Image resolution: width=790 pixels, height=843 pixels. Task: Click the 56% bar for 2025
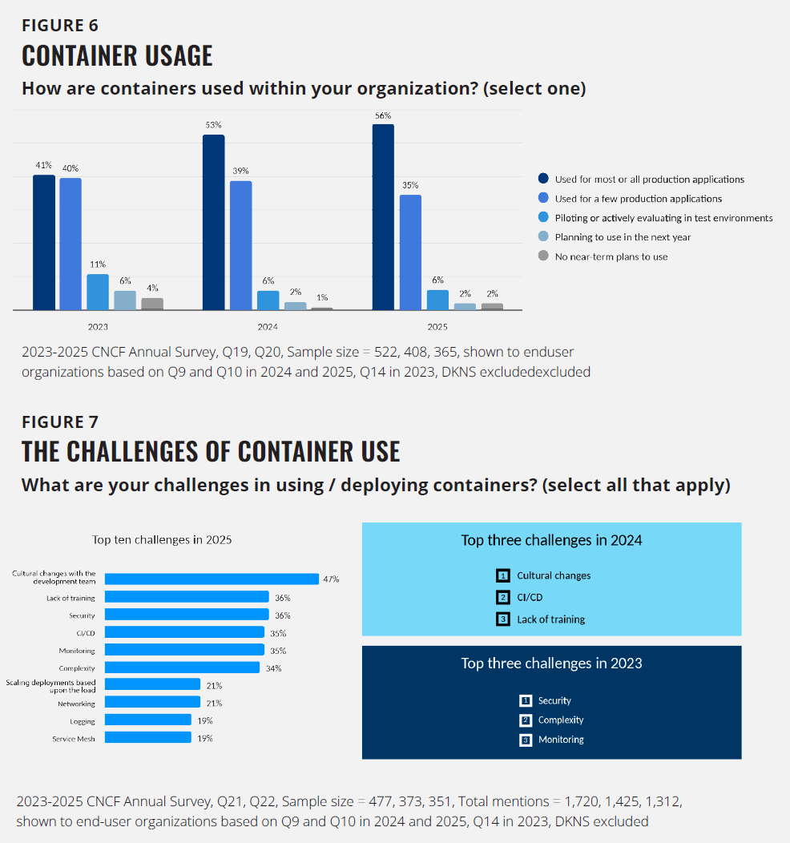click(383, 216)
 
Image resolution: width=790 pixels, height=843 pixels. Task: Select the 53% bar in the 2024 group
click(213, 222)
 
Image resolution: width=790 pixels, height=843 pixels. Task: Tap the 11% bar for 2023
click(98, 292)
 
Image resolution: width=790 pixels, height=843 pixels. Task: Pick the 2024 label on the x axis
click(268, 327)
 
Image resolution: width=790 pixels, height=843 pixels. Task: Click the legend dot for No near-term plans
click(543, 256)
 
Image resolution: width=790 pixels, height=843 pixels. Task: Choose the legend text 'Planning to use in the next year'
click(623, 237)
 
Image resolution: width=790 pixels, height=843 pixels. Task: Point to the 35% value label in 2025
click(410, 185)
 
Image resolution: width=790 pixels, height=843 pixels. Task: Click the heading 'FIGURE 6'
click(60, 26)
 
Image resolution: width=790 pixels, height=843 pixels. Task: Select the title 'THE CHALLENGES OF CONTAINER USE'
click(211, 452)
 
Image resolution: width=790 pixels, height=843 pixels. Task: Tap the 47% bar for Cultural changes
click(212, 579)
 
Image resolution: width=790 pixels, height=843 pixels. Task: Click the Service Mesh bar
click(148, 738)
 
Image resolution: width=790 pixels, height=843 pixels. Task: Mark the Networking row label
click(76, 704)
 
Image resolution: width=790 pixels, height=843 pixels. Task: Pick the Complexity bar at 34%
click(182, 668)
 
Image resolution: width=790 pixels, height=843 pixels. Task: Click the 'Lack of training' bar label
click(71, 598)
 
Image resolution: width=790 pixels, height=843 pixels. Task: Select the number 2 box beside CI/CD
click(503, 597)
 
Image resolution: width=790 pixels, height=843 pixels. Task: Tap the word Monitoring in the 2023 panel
click(561, 740)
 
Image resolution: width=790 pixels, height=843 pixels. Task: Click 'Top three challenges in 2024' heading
click(551, 540)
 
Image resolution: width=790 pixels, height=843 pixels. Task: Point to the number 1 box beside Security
click(526, 700)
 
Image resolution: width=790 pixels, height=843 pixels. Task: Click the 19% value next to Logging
click(205, 720)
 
